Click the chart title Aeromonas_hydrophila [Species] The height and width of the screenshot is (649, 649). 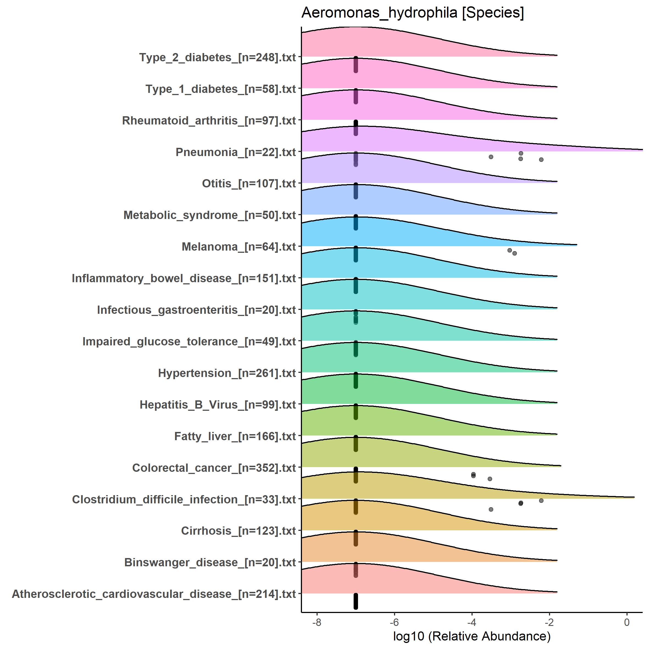click(x=412, y=13)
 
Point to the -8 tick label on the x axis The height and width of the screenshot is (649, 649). click(x=317, y=622)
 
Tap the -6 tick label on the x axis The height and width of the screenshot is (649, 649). click(x=394, y=622)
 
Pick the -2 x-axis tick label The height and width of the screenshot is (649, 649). click(x=549, y=622)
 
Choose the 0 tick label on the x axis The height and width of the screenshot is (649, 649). click(x=626, y=622)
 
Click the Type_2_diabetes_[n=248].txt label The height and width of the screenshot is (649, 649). click(x=217, y=57)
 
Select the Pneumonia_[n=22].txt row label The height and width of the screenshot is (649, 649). click(x=235, y=152)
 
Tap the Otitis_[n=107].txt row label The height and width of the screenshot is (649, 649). click(x=249, y=184)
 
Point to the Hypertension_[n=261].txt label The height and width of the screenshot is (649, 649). click(x=227, y=373)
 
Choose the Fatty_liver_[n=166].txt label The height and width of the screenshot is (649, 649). click(x=235, y=436)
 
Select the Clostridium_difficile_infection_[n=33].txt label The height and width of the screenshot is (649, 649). click(x=184, y=500)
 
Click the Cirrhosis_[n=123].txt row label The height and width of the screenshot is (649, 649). click(x=238, y=531)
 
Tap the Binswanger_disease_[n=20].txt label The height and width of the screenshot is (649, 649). click(x=210, y=562)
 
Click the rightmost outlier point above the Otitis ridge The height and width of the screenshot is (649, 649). click(x=541, y=160)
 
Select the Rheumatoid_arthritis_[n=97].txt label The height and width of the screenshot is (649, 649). click(x=209, y=121)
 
